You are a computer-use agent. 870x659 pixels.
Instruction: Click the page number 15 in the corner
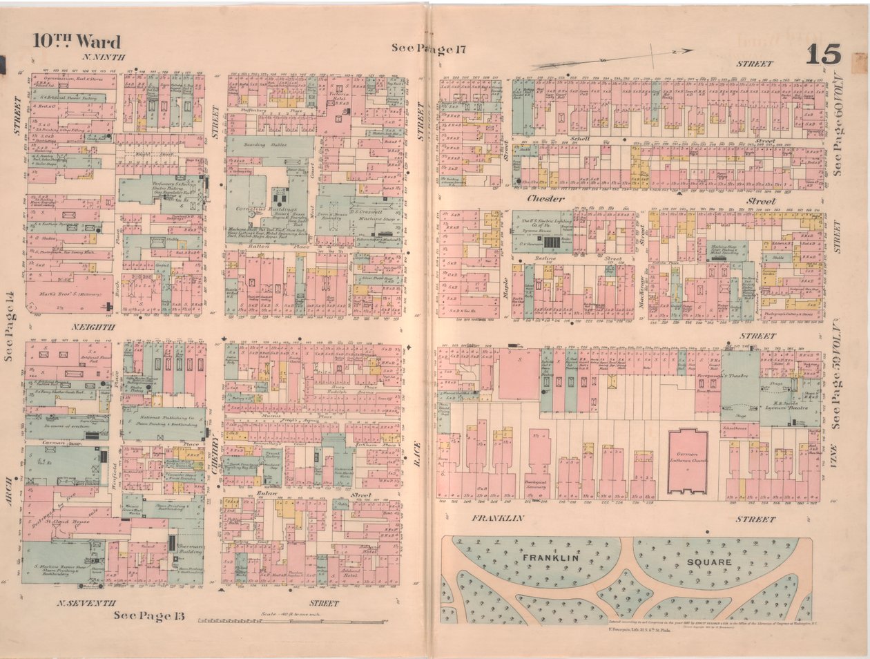pyautogui.click(x=822, y=54)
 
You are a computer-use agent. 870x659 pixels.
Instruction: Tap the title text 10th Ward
pyautogui.click(x=76, y=41)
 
